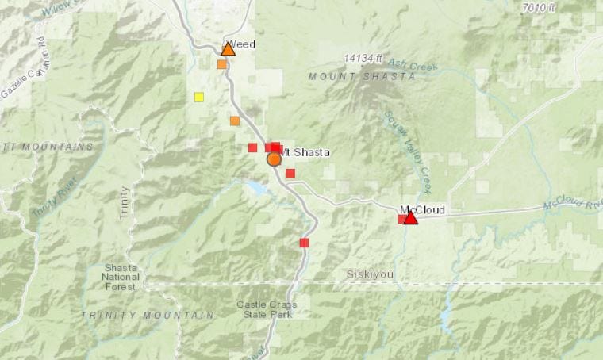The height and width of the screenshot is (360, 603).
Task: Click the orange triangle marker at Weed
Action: coord(228,49)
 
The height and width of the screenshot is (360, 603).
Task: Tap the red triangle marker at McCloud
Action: coord(410,216)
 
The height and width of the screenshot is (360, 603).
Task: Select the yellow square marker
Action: coord(198,98)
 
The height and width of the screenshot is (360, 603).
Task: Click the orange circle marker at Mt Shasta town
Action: coord(274,159)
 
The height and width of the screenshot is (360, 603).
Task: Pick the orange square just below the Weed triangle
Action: coord(221,64)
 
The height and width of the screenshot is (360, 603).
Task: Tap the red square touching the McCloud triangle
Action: coord(402,219)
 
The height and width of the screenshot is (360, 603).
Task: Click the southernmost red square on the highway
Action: coord(304,243)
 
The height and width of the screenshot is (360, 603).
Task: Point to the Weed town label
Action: coord(243,44)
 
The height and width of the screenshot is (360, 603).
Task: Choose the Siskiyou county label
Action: coord(370,274)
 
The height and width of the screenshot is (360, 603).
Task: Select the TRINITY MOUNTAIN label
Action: coord(148,315)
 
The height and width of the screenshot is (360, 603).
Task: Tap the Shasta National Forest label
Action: coord(121,277)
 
